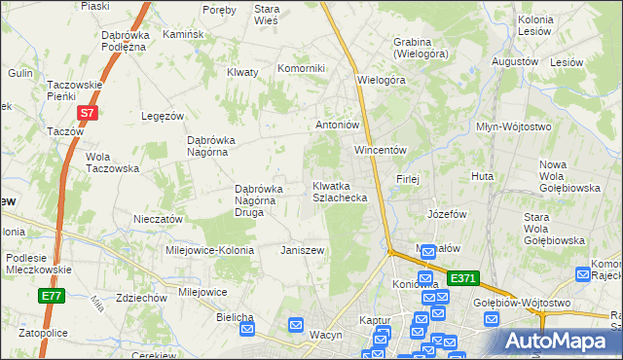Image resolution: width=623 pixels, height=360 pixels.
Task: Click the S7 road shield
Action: [x=88, y=114]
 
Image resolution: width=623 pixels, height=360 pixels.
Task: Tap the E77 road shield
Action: [x=51, y=296]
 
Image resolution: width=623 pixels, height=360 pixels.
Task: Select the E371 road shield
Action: [x=464, y=278]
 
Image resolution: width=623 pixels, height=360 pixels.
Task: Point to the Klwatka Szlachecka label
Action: [x=339, y=191]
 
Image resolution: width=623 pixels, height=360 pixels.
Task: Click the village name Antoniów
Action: [x=338, y=125]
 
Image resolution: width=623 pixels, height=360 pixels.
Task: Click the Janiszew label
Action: [x=302, y=250]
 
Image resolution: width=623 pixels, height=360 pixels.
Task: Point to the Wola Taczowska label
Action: [x=113, y=162]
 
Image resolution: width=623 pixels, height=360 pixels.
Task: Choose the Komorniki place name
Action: [x=301, y=68]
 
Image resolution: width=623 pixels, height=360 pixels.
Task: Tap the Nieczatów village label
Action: [x=158, y=220]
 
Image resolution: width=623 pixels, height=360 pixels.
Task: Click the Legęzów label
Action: [x=163, y=116]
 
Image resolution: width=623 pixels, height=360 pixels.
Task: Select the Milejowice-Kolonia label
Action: [x=209, y=250]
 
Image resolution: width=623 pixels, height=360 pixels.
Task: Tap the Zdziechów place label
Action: [x=138, y=298]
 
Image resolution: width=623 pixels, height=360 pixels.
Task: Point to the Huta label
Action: [x=482, y=177]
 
